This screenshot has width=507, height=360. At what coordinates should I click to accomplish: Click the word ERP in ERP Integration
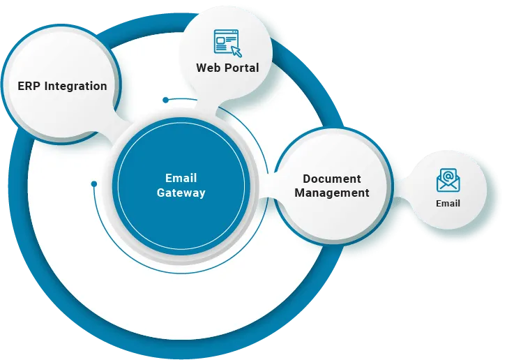(30, 87)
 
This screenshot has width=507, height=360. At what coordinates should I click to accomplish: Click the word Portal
(241, 68)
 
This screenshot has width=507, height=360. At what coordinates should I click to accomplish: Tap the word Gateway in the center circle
(181, 193)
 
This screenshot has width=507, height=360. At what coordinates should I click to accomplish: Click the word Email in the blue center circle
(181, 178)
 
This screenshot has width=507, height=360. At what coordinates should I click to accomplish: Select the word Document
(332, 179)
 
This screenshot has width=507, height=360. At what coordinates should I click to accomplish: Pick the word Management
(332, 193)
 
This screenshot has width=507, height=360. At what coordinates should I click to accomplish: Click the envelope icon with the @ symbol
(448, 180)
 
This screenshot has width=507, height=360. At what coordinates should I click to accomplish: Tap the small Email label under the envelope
(448, 204)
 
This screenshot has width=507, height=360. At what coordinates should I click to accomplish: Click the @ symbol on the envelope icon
(448, 175)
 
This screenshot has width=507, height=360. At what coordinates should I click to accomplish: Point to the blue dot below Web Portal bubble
(166, 100)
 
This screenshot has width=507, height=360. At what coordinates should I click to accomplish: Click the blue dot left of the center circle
(94, 184)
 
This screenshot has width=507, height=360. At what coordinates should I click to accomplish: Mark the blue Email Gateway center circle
(181, 186)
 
